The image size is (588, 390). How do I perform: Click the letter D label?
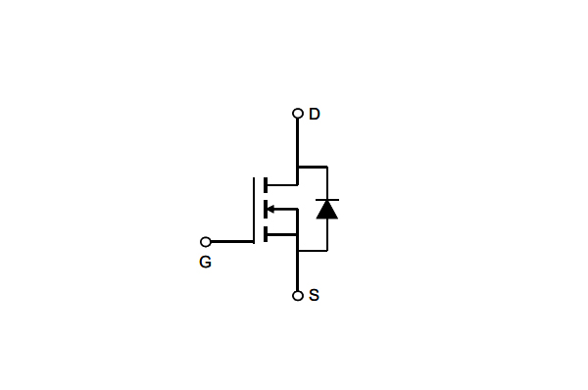[314, 114]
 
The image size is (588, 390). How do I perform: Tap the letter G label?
[205, 262]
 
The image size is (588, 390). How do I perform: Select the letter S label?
[314, 295]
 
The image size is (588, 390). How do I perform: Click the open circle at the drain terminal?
[298, 114]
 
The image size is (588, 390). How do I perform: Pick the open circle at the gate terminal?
[205, 241]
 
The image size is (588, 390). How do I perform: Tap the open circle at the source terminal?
[298, 295]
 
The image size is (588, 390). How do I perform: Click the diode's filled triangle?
[327, 209]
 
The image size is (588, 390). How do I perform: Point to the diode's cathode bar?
[327, 199]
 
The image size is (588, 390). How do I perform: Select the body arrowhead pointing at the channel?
[271, 209]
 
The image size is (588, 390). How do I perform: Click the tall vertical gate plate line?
[255, 209]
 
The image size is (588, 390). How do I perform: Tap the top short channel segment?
[266, 184]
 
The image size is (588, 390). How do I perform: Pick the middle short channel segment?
[266, 209]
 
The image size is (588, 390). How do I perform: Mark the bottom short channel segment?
[266, 233]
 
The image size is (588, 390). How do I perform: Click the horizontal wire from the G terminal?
[231, 241]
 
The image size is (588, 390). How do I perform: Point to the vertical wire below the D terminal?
[298, 142]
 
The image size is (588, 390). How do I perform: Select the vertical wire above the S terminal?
[298, 269]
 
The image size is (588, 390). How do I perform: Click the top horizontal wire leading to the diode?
[313, 166]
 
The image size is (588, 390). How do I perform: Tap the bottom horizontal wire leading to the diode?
[313, 251]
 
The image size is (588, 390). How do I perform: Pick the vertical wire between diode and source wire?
[327, 235]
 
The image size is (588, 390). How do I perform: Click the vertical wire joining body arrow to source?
[298, 221]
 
